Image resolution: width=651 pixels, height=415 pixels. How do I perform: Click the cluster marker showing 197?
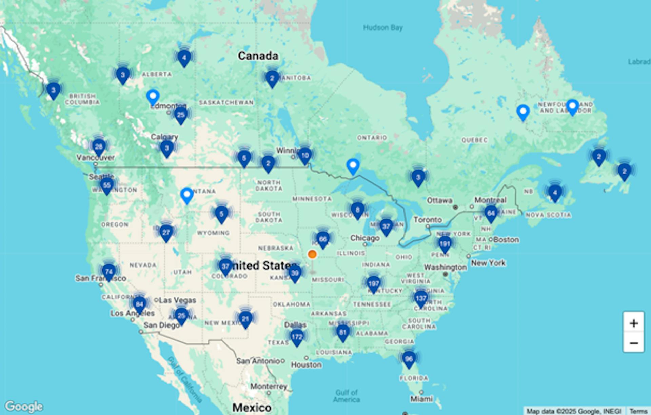coord(373,283)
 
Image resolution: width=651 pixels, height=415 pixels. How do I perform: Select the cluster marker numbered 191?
coord(445,244)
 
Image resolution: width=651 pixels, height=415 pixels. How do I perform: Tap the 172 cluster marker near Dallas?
coord(297,337)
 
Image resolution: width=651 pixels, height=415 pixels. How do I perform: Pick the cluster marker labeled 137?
coord(421,298)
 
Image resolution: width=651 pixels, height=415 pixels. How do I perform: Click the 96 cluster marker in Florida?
coord(409,359)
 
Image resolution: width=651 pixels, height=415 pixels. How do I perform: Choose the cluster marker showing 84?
coord(139,304)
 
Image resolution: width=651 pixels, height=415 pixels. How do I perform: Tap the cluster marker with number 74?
coord(108,272)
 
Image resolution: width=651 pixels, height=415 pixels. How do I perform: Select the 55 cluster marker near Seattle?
coord(107,185)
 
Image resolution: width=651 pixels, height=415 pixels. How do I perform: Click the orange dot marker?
coord(312,254)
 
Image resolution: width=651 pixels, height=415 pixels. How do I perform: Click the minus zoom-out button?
coord(633,343)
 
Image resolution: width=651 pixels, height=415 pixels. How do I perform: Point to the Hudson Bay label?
coord(383,27)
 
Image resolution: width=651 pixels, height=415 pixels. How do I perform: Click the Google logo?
coord(24,406)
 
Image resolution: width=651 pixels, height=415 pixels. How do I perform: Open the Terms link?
coord(638,411)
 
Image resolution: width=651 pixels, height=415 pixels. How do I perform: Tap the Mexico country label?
coord(252,407)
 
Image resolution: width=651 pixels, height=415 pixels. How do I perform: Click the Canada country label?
coord(258,56)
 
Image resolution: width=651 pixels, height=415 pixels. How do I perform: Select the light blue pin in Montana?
coord(186,195)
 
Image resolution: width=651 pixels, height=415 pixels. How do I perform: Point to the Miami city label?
coord(421,399)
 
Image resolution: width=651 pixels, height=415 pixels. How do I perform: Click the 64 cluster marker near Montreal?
coord(491,213)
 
